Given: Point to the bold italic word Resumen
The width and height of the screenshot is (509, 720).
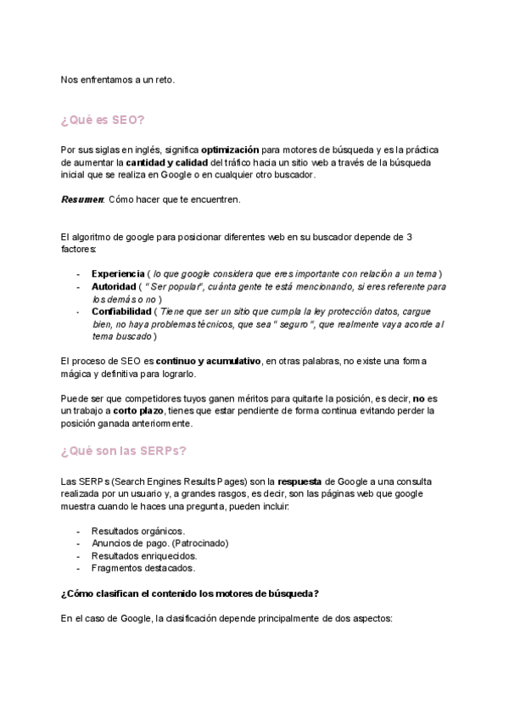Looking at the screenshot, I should [x=82, y=200].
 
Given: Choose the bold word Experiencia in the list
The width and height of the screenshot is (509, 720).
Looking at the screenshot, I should [x=117, y=273].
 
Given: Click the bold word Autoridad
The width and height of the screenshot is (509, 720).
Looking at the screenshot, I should [x=114, y=287].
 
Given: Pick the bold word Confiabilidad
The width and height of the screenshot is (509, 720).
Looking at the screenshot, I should [x=120, y=312].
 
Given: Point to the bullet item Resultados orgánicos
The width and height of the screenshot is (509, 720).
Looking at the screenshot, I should [x=137, y=531].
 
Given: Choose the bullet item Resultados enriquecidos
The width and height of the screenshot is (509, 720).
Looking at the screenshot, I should [x=144, y=555].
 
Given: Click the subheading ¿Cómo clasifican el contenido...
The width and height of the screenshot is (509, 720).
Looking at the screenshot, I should [x=190, y=593].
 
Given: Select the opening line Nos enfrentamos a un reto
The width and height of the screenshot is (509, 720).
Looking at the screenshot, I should [x=117, y=80].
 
